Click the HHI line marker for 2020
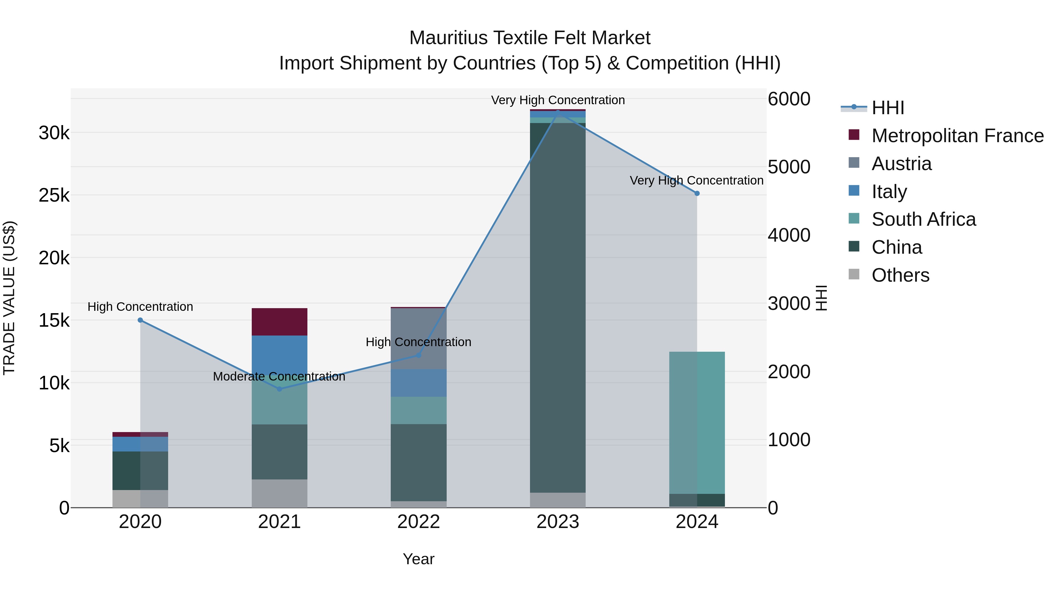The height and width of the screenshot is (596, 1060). point(140,320)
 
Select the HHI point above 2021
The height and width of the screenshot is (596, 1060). point(279,389)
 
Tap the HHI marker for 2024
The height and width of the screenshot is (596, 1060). point(697,193)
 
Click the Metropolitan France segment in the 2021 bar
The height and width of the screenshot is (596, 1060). point(279,322)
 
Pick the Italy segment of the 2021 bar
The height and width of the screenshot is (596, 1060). point(279,354)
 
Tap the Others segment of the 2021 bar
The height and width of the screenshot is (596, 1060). point(279,493)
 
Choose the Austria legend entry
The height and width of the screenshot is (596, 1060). point(901,164)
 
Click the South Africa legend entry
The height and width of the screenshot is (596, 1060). point(923,219)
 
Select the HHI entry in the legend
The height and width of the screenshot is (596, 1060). point(887,108)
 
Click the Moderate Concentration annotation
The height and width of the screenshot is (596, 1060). point(279,376)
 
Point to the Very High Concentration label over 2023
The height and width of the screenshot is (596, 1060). point(558,100)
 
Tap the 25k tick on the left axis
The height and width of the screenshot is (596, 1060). point(54,196)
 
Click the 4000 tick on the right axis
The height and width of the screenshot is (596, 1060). point(789,235)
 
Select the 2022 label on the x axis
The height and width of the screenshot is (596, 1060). point(418,522)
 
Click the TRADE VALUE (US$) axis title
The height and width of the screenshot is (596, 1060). point(9,298)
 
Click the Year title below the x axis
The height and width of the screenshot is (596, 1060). point(418,559)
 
